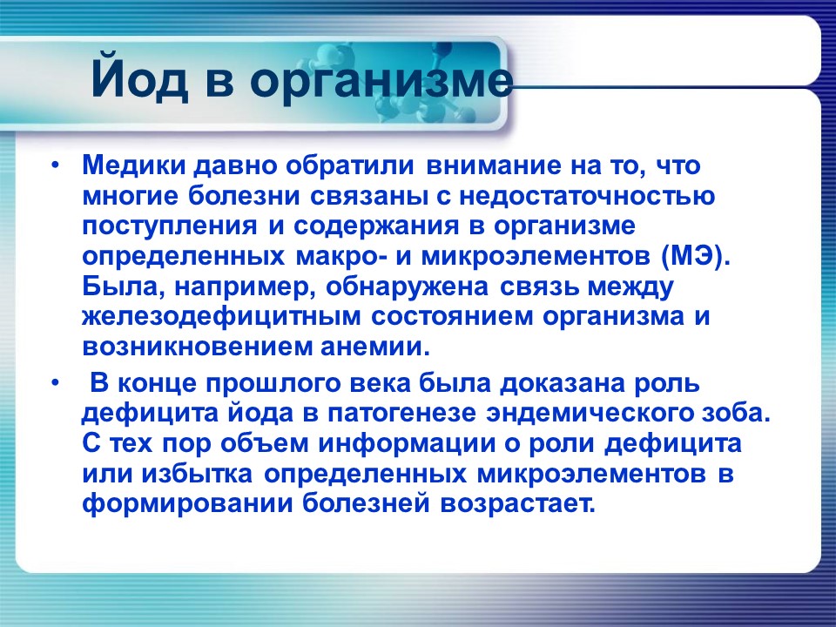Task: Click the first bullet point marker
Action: [56, 165]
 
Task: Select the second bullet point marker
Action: [56, 384]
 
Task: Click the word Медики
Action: [130, 165]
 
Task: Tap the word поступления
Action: [171, 226]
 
